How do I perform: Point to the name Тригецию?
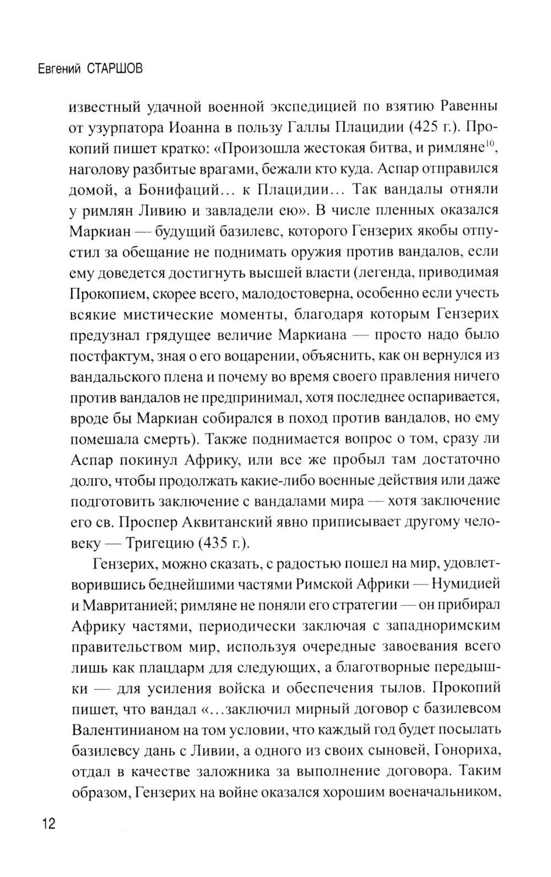coord(158,543)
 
